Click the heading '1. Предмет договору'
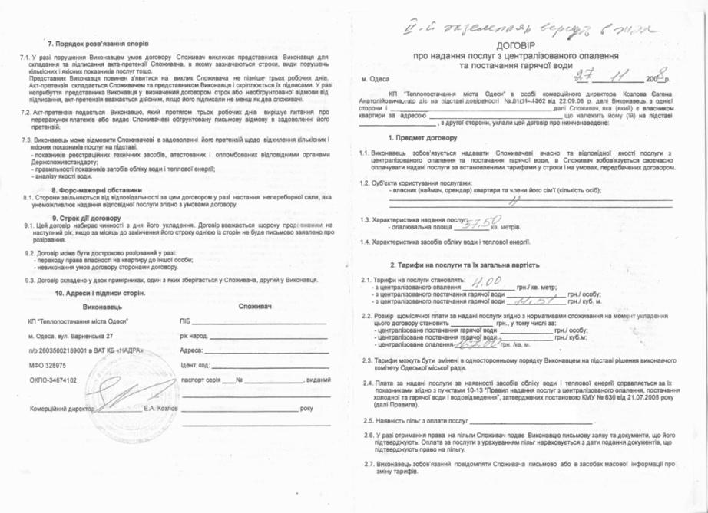[x=422, y=138]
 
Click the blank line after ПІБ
[x=261, y=324]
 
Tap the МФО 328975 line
[x=47, y=366]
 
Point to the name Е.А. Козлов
[x=160, y=407]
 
